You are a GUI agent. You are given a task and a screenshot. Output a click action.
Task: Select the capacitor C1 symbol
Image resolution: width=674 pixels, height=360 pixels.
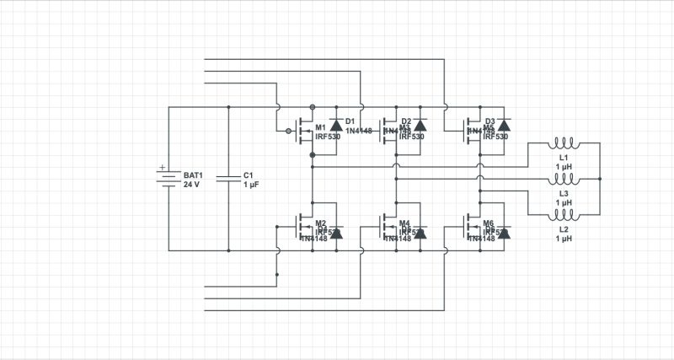(x=227, y=179)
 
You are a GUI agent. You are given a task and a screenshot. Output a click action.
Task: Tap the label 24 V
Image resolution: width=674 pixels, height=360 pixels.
(x=192, y=184)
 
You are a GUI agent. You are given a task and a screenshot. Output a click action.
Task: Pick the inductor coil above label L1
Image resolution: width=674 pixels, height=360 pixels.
(x=564, y=144)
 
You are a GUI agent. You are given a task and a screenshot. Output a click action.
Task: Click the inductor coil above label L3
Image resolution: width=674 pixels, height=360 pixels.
(x=564, y=180)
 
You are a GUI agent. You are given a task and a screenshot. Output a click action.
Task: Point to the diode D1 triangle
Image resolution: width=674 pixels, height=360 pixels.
(x=335, y=126)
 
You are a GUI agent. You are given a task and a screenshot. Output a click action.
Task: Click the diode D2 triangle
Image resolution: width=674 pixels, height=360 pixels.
(x=419, y=126)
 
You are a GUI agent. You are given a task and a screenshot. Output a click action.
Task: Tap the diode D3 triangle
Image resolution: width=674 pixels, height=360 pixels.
(x=502, y=126)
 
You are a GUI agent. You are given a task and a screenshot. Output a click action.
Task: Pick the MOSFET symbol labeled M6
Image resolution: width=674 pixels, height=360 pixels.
(x=471, y=227)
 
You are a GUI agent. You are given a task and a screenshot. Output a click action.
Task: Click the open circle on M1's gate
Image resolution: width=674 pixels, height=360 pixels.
(x=288, y=132)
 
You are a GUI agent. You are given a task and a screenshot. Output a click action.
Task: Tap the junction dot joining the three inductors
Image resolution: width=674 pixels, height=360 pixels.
(x=602, y=180)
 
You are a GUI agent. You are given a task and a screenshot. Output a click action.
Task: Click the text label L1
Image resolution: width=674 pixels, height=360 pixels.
(x=564, y=159)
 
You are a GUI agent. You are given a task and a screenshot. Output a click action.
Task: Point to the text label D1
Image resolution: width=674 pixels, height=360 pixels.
(x=350, y=121)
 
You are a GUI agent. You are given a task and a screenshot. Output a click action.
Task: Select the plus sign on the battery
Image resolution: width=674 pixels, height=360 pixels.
(x=163, y=167)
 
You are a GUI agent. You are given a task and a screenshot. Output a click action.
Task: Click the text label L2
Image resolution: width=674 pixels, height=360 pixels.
(x=564, y=229)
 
